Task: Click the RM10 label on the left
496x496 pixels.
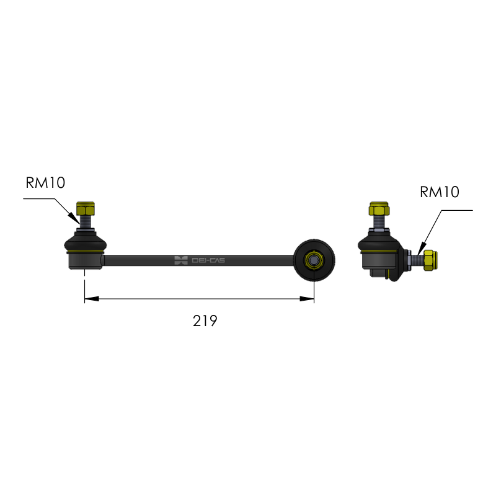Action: (x=45, y=182)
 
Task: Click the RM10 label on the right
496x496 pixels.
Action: (x=440, y=192)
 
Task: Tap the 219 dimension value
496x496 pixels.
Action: (x=205, y=321)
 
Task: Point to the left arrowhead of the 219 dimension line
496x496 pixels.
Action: (x=92, y=299)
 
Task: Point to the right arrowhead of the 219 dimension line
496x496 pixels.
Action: (x=307, y=299)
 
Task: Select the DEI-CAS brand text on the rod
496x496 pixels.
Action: (x=208, y=260)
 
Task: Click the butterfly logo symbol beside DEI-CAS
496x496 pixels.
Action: (x=181, y=260)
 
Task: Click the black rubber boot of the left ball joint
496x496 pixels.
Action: (x=86, y=242)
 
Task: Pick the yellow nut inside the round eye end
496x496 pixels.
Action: (x=314, y=260)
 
